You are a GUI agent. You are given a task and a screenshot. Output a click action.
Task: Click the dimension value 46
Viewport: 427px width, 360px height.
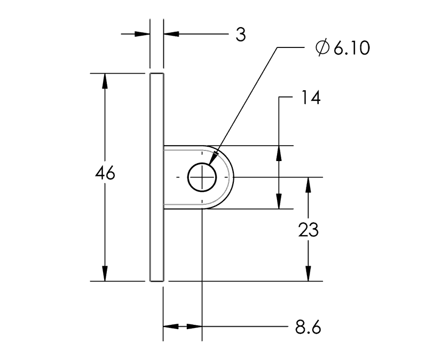point(105,174)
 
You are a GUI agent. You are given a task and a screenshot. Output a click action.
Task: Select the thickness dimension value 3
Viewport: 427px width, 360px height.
point(241,35)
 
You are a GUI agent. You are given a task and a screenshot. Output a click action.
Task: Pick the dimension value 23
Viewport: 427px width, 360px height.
point(308,230)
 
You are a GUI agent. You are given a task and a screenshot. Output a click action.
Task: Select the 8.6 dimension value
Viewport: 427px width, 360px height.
point(308,327)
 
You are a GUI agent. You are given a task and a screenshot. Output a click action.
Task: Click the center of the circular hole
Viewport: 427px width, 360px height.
point(202,177)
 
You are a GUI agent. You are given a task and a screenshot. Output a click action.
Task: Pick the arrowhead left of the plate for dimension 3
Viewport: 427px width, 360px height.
point(142,34)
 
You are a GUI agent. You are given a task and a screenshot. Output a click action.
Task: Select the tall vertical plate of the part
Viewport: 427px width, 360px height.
point(156,177)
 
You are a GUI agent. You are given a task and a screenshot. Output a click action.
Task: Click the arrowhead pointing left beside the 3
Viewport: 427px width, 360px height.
point(170,34)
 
